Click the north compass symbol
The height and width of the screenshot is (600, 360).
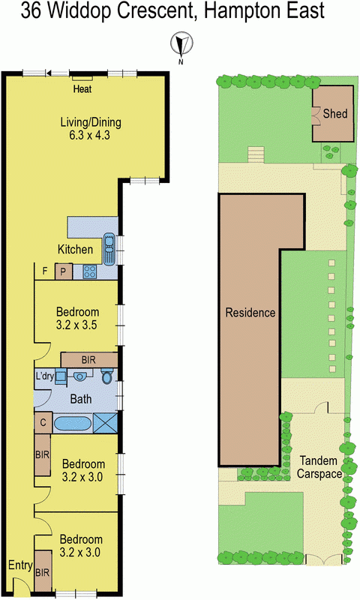point(180,45)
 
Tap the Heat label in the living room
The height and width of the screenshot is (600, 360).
point(82,90)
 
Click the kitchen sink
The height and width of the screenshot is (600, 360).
point(109,248)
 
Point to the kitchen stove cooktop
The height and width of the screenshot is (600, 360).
point(91,272)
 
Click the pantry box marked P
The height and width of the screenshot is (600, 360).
point(64,272)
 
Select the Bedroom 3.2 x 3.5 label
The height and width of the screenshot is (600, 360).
point(78,319)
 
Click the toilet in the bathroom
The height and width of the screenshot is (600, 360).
point(106,377)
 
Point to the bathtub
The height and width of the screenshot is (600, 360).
point(71,423)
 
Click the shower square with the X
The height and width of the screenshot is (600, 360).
point(106,422)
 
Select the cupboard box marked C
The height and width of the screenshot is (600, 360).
point(43,423)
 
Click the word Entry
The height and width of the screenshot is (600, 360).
point(19,565)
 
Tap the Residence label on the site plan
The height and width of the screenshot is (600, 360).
point(250,313)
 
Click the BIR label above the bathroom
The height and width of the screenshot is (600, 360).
point(88,360)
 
